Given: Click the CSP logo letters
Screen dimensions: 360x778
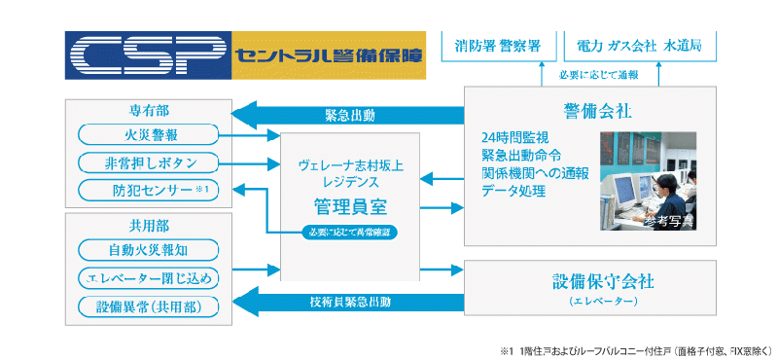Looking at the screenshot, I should [146, 56].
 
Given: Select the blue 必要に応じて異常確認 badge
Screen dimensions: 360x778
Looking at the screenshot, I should [349, 233].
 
